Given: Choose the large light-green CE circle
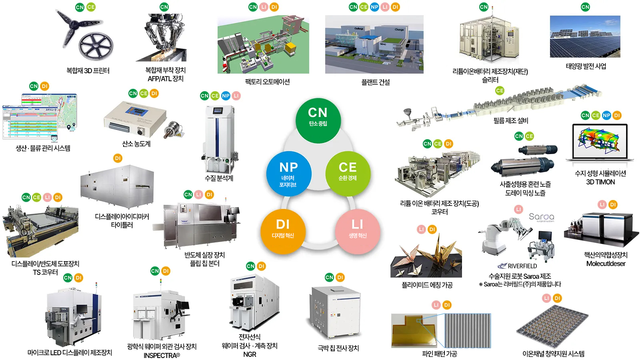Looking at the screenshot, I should point(348,173).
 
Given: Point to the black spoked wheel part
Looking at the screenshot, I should point(96,46).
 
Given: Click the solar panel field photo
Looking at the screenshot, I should point(585,36).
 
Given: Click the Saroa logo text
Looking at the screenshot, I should point(541,217).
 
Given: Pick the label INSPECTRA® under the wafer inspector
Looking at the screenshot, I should point(162,355).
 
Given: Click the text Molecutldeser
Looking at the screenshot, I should point(606,264).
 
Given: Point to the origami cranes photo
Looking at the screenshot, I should point(426,256).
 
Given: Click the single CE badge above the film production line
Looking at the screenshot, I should point(500,91).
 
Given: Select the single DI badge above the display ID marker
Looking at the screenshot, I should point(118,158).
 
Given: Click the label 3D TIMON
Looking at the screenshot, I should point(600,182).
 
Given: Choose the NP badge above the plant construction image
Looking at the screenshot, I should point(374,7).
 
